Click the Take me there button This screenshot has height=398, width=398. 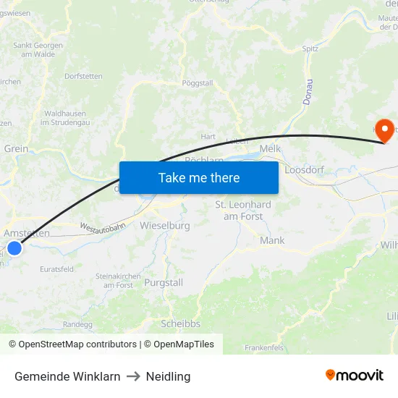(198, 177)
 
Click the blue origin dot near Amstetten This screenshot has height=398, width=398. (14, 248)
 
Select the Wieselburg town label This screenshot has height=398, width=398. (165, 226)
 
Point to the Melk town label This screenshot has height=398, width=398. (270, 148)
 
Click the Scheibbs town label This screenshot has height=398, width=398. (181, 323)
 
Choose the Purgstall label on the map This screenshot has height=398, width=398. (164, 282)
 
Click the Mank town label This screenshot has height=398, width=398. (272, 240)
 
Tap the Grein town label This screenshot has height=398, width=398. (16, 148)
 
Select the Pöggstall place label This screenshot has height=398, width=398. (198, 83)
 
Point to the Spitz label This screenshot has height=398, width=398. (310, 49)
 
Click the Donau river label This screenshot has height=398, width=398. (307, 91)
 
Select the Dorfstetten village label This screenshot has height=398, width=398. (83, 76)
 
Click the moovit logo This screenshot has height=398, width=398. (355, 375)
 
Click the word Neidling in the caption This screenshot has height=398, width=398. (168, 376)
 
